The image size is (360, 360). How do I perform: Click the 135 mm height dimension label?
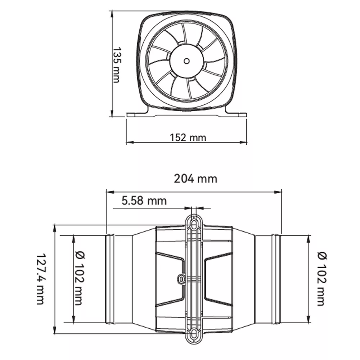click(117, 65)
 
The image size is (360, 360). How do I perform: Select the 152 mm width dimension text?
click(188, 138)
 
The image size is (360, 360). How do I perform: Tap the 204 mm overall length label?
click(195, 179)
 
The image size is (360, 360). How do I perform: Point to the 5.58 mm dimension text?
click(144, 201)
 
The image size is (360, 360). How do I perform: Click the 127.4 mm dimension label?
click(41, 279)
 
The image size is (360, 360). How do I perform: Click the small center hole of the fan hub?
click(186, 61)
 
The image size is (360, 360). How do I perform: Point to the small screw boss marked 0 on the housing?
click(181, 279)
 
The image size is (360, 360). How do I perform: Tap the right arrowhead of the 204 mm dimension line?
click(279, 192)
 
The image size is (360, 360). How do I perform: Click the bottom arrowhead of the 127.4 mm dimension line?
click(55, 330)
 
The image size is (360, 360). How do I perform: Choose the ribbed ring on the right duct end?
click(276, 279)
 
